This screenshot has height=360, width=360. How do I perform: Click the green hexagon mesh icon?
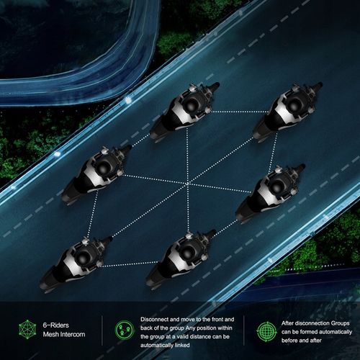point(27,329)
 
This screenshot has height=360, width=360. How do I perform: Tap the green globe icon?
point(266,332)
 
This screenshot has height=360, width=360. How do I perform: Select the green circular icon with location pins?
point(125,330)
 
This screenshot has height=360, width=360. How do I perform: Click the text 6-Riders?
point(55,325)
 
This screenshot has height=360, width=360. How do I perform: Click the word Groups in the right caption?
point(340,323)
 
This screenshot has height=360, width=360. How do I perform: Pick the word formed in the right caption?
point(308,332)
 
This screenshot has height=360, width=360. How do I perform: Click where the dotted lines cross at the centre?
point(187,184)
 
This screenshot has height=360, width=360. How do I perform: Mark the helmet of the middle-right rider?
point(278,187)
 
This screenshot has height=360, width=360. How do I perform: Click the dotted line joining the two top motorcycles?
point(240,112)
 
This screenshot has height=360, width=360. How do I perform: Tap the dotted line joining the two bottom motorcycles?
point(129,264)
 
